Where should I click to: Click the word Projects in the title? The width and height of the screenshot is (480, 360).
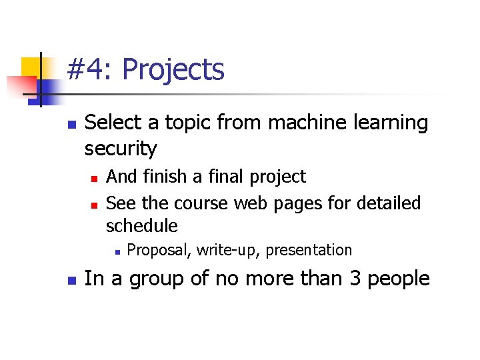[173, 70]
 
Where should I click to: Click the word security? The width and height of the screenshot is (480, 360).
[121, 149]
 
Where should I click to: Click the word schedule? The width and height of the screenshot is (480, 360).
[141, 226]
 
